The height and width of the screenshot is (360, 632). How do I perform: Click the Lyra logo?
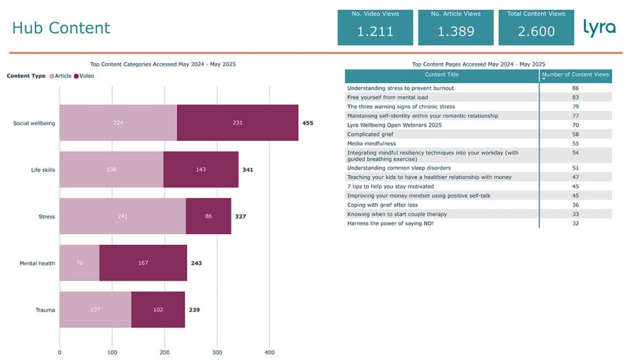(x=599, y=28)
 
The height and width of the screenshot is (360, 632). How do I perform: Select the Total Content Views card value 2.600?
(x=536, y=32)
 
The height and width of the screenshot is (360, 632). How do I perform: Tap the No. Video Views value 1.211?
(x=376, y=32)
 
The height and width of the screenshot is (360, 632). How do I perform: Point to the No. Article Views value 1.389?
(x=456, y=32)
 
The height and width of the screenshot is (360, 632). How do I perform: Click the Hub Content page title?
(x=61, y=28)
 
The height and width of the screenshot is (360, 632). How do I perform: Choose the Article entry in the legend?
(x=60, y=76)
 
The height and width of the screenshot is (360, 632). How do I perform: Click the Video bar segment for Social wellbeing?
(x=237, y=123)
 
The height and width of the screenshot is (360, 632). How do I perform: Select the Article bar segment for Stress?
(x=123, y=216)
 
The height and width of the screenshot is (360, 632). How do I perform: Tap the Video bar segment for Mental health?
(x=143, y=263)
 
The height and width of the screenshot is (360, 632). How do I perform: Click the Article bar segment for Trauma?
(x=95, y=310)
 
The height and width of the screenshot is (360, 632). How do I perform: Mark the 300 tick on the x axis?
(x=217, y=353)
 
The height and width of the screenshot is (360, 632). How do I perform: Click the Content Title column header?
(x=442, y=75)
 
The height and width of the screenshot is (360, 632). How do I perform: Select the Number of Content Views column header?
(x=576, y=75)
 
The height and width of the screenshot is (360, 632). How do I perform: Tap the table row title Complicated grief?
(x=372, y=134)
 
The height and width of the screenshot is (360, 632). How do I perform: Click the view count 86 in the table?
(x=576, y=88)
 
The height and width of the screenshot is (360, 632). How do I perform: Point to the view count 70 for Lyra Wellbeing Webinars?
(x=576, y=125)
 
